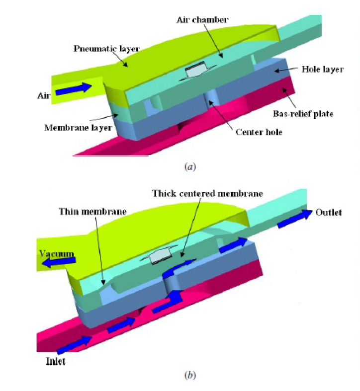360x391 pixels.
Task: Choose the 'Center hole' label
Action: tap(255, 132)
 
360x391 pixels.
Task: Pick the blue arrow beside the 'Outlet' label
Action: tap(294, 221)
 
